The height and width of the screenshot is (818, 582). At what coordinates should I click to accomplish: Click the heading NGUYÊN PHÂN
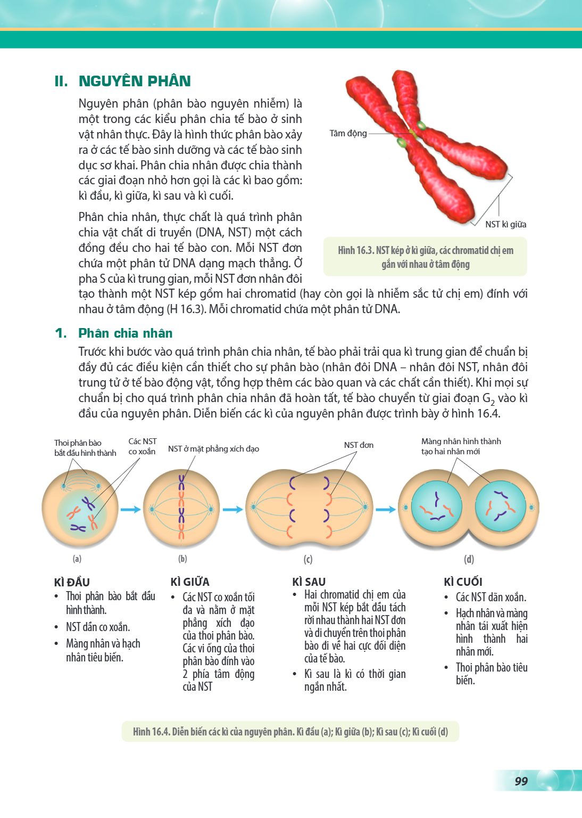(x=135, y=81)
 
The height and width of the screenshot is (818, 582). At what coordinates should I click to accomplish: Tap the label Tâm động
(x=348, y=134)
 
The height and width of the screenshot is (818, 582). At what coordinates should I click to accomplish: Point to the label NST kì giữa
(x=506, y=225)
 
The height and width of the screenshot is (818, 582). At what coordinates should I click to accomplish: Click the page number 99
(x=521, y=781)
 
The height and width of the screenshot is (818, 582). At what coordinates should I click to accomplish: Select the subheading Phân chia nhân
(x=126, y=333)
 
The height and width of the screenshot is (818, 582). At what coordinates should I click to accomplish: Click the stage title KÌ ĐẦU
(x=72, y=582)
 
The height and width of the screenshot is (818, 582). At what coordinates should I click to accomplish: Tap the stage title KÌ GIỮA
(x=190, y=582)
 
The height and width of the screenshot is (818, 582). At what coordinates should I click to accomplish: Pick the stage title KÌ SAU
(x=309, y=582)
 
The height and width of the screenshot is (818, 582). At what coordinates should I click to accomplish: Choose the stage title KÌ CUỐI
(x=463, y=582)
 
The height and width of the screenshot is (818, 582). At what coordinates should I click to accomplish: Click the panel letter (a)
(x=77, y=559)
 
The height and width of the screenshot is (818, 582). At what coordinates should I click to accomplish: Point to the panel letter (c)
(x=308, y=559)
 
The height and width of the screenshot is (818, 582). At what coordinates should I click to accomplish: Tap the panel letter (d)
(x=469, y=559)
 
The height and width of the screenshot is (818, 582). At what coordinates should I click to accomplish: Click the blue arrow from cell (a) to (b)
(x=131, y=510)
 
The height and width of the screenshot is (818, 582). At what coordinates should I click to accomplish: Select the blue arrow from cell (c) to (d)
(x=386, y=510)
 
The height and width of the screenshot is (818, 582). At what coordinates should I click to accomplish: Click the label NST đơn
(x=359, y=445)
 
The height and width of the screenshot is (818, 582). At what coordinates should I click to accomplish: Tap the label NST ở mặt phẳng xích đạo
(x=213, y=449)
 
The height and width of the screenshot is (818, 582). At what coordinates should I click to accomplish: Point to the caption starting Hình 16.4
(x=290, y=731)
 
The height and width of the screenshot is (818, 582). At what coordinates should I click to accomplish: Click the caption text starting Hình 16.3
(x=426, y=257)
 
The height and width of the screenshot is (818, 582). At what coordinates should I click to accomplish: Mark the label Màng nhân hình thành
(x=461, y=441)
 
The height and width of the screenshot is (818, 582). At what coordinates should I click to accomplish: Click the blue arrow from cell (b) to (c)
(x=233, y=510)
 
